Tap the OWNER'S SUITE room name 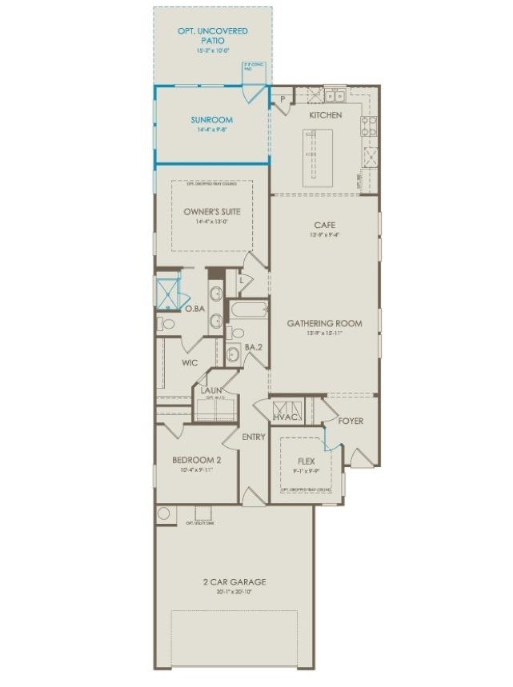(212, 212)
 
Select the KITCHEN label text (326, 115)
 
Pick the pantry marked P (283, 99)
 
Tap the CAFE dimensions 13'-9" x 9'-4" (325, 235)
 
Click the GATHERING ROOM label (325, 324)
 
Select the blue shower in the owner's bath (168, 290)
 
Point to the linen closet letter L (242, 280)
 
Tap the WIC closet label (190, 363)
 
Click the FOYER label (351, 421)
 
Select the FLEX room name (306, 461)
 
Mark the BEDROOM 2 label (197, 461)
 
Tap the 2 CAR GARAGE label (234, 581)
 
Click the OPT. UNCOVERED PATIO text (212, 35)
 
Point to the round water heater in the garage (165, 514)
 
